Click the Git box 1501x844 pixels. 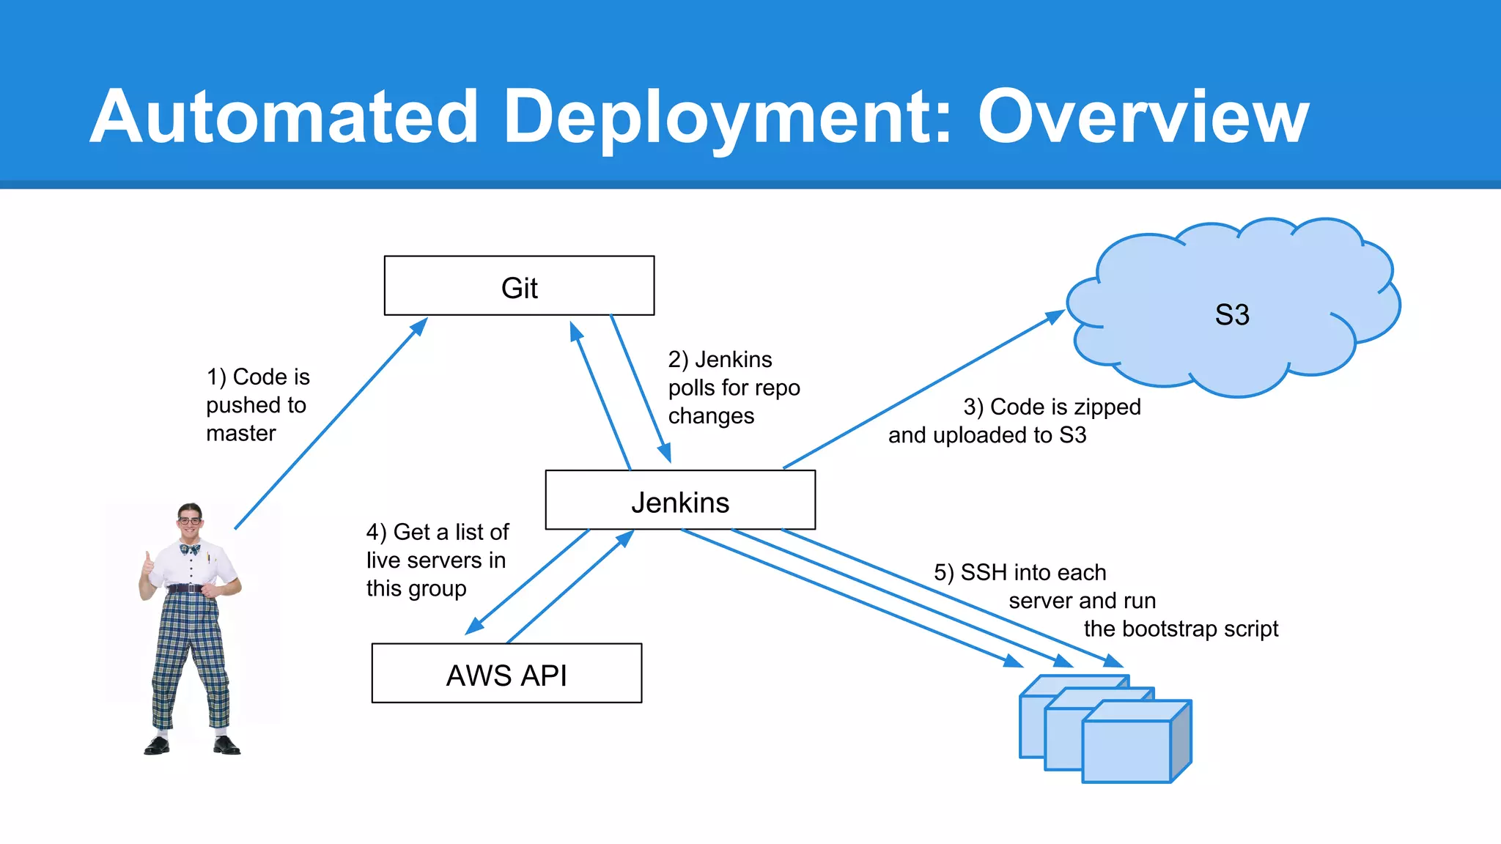(519, 286)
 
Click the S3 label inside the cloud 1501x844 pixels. (1231, 315)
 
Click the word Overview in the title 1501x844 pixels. (1143, 117)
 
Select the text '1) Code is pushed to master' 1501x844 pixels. (257, 405)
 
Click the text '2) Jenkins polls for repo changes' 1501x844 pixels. (733, 388)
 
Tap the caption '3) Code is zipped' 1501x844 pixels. (1052, 407)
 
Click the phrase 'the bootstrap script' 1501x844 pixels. (1180, 629)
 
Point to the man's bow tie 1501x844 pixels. (190, 549)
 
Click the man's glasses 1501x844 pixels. (189, 521)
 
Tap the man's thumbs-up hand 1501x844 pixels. (149, 564)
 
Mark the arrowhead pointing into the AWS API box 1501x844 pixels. (475, 627)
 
